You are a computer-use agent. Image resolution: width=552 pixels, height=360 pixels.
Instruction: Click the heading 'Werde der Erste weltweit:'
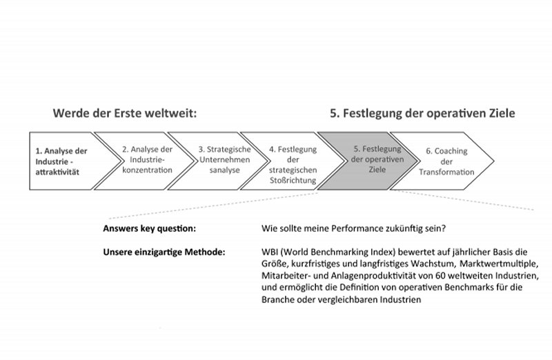(x=125, y=113)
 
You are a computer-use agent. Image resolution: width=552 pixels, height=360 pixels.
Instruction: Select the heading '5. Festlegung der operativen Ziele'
(x=422, y=113)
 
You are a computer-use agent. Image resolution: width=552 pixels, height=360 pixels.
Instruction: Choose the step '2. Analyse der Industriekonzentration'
(x=144, y=161)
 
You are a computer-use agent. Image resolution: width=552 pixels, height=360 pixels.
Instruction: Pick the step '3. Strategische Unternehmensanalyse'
(x=218, y=161)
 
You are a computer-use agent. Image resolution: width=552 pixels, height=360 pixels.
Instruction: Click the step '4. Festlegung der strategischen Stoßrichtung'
(x=293, y=161)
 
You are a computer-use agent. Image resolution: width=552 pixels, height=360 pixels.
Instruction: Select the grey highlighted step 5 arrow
(x=368, y=161)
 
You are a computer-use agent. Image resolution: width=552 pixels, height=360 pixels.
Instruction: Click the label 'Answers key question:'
(x=149, y=229)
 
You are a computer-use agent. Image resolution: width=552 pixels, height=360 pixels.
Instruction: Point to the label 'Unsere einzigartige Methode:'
(x=164, y=252)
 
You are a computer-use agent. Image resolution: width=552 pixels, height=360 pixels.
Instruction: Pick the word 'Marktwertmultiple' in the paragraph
(x=498, y=263)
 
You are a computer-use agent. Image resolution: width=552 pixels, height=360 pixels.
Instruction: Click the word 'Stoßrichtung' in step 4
(x=293, y=181)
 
